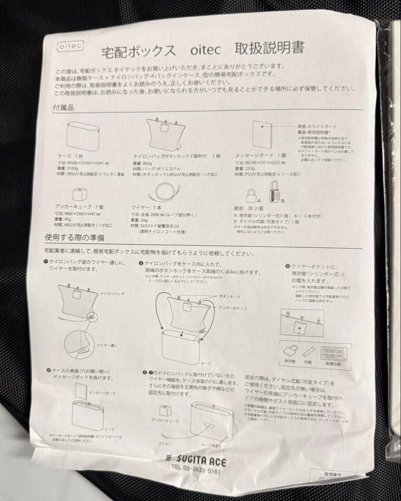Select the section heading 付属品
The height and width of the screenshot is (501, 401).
point(64,107)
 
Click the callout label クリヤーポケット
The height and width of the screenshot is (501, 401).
point(233,308)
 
